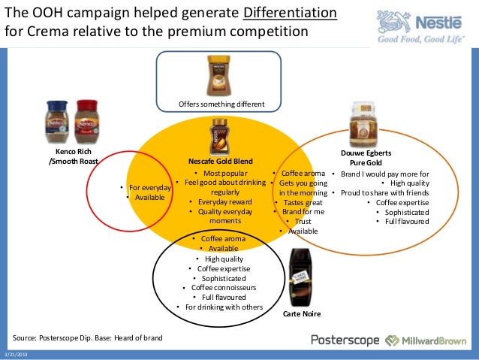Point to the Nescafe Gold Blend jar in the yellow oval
pyautogui.click(x=218, y=136)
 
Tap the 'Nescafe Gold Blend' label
pyautogui.click(x=219, y=162)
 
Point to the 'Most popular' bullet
pyautogui.click(x=222, y=173)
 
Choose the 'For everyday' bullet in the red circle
pyautogui.click(x=149, y=187)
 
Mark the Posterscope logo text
pyautogui.click(x=344, y=340)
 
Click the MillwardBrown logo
pyautogui.click(x=429, y=340)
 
